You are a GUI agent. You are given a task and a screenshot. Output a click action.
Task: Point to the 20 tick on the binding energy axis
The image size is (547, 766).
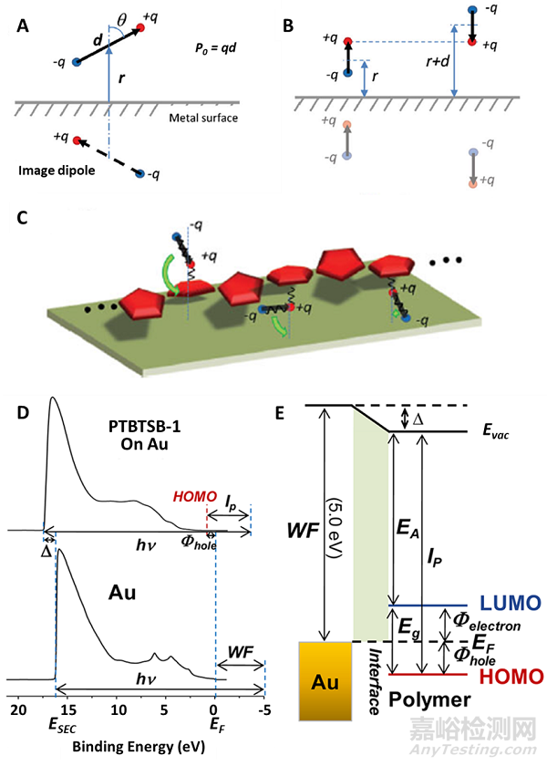point(17,709)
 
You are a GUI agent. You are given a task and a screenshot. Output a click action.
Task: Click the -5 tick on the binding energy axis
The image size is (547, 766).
point(265,709)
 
